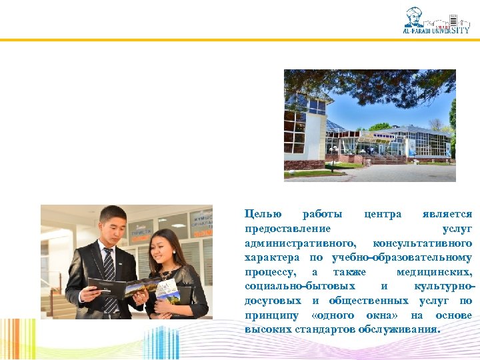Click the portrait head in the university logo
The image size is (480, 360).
[414, 16]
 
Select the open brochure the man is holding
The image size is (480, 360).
[123, 288]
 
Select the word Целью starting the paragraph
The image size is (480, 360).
[263, 214]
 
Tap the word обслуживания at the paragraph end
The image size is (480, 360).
[403, 330]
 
